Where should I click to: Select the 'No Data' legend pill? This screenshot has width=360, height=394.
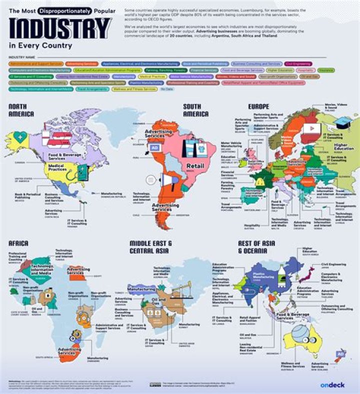[x=166, y=88]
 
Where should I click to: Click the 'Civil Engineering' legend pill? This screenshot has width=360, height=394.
[x=299, y=64]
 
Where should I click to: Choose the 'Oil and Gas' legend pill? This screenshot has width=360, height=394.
[x=309, y=76]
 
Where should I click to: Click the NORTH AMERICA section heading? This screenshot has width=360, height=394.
[x=21, y=110]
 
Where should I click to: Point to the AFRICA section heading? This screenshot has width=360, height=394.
[x=18, y=243]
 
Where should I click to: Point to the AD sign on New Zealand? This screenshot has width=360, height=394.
[x=340, y=353]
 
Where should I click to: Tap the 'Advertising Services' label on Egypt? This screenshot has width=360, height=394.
[x=79, y=271]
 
